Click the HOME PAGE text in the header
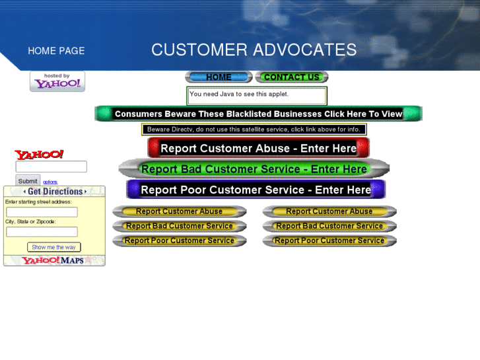[56, 51]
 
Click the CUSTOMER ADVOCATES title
[254, 50]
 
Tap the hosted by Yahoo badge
[57, 81]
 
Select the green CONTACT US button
[291, 77]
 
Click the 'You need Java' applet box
[256, 96]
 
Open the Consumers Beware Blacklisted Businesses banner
[258, 114]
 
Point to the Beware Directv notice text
[254, 129]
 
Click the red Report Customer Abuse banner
[258, 149]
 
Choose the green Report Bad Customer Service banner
[254, 169]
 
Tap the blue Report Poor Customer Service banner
[256, 190]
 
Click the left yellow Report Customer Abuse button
[179, 211]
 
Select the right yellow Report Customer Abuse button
[329, 211]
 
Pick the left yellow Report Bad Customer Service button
[179, 226]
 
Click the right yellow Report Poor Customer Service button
[329, 240]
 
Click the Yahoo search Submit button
[28, 181]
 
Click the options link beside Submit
[50, 182]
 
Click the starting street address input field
[42, 212]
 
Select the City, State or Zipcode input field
[42, 232]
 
